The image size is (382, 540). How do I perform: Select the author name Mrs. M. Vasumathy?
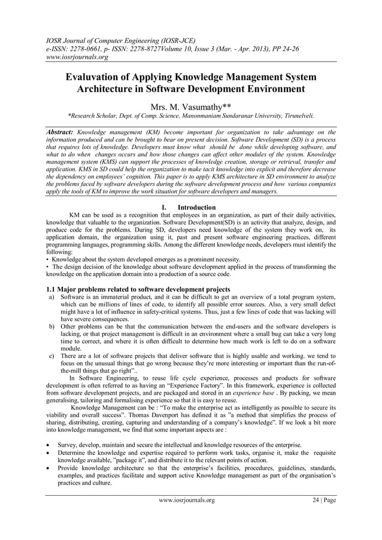pyautogui.click(x=190, y=106)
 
